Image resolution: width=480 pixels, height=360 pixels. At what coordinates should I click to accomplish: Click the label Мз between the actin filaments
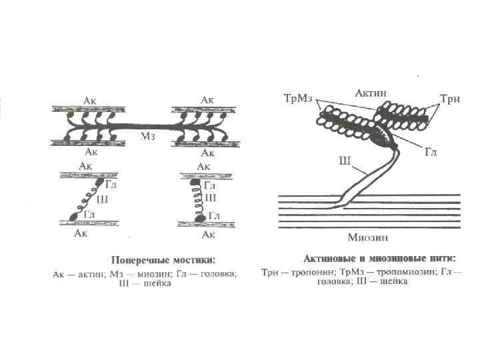148,136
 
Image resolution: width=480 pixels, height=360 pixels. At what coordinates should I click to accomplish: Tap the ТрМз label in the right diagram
295,99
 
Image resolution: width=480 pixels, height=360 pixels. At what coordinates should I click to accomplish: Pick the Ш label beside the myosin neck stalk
345,160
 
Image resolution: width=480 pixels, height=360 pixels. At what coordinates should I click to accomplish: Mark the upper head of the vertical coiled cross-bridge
195,181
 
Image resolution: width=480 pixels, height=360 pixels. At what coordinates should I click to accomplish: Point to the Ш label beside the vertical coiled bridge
211,198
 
